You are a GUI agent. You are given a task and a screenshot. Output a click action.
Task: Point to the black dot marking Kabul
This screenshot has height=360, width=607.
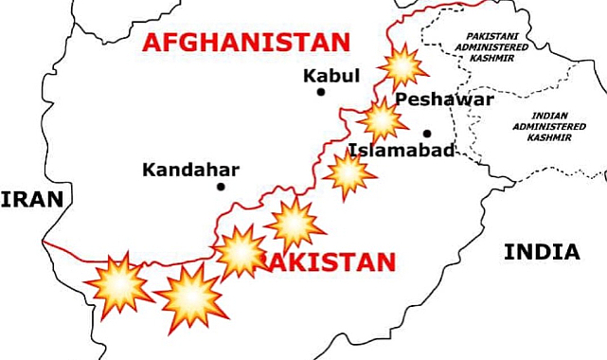[321, 92]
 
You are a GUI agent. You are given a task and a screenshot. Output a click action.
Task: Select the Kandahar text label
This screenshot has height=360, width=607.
[190, 171]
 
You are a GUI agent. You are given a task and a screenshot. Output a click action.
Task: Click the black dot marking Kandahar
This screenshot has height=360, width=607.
[221, 187]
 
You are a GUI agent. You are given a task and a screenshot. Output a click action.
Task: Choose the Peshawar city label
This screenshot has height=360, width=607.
[444, 99]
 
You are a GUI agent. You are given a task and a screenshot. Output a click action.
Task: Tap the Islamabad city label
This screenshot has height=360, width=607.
[402, 151]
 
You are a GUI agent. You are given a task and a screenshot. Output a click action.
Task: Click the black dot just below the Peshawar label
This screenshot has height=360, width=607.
[428, 133]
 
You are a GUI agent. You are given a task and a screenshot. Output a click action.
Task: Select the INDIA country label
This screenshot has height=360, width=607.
[542, 252]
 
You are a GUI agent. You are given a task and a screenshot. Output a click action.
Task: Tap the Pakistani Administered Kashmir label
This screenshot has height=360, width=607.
[487, 47]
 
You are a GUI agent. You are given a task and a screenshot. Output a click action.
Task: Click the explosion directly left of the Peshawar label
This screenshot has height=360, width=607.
[383, 120]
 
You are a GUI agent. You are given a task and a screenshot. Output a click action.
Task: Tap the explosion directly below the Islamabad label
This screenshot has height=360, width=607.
[348, 172]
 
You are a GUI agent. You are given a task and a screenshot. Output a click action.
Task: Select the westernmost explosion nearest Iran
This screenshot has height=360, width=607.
[118, 282]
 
